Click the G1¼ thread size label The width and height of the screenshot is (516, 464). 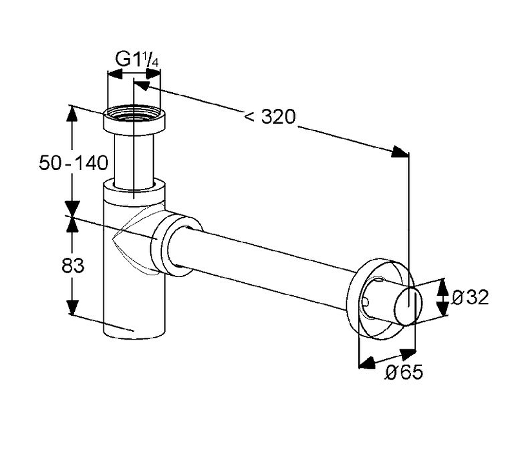[x=137, y=59]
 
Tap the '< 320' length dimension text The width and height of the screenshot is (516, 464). [x=270, y=117]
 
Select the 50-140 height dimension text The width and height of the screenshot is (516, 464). [x=73, y=163]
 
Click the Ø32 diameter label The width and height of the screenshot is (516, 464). [x=470, y=297]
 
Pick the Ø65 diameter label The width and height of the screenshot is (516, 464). [x=404, y=372]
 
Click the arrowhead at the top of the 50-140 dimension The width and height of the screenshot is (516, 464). [x=73, y=113]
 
